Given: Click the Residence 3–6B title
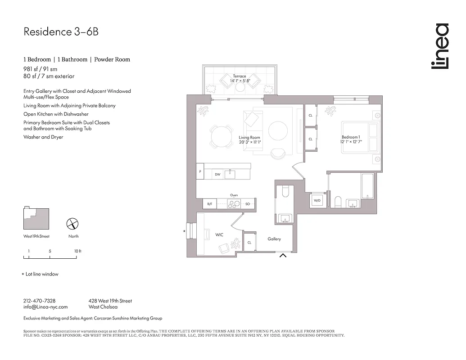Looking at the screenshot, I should [x=60, y=32].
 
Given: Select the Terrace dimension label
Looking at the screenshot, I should [x=240, y=79].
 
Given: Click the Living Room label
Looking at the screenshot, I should [x=249, y=140].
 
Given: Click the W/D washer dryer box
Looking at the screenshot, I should [x=317, y=200].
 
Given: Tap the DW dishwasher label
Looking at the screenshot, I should [x=217, y=174].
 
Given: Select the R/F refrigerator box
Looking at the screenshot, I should [x=209, y=204].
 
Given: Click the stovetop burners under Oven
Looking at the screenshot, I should [x=235, y=204].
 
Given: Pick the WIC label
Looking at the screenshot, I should [x=220, y=234].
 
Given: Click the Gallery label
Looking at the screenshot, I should [x=274, y=239].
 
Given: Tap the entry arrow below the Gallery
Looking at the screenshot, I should [x=283, y=256].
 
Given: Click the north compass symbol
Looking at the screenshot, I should [x=72, y=224].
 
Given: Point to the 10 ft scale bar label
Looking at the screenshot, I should [x=77, y=251].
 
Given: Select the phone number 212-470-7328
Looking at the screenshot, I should [x=39, y=301].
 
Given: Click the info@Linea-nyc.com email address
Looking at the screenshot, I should [x=45, y=307].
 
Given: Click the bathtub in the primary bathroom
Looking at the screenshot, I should [x=367, y=186].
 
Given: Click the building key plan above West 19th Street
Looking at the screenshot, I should [x=36, y=219].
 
